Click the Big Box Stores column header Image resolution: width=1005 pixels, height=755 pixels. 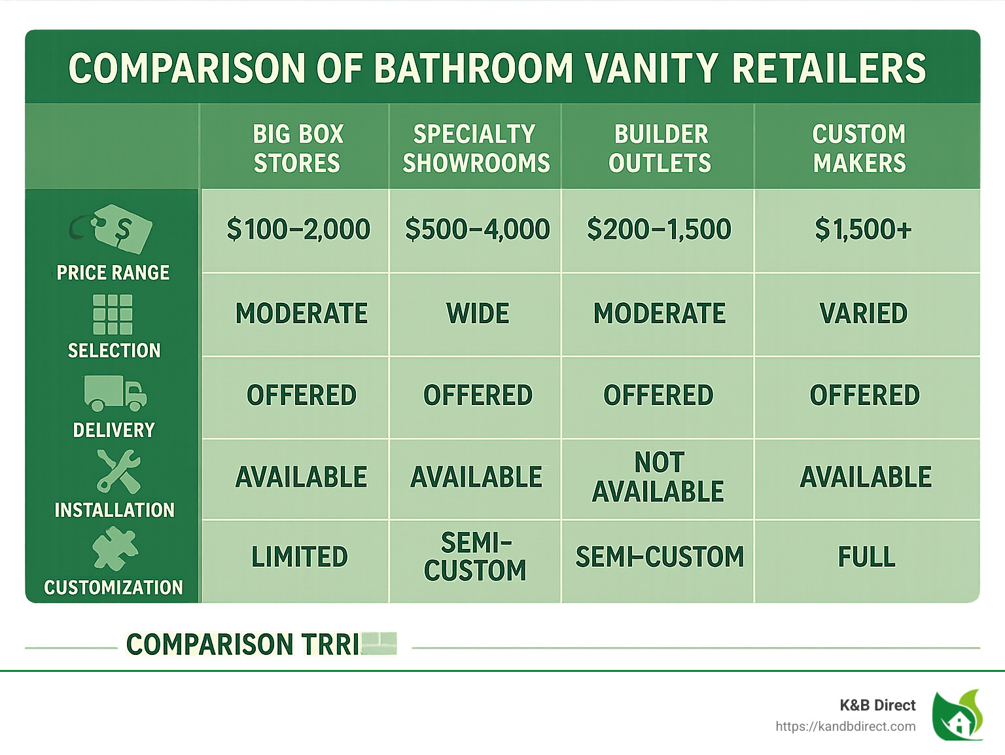click(x=298, y=149)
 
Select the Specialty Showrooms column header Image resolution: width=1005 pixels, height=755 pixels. click(x=476, y=149)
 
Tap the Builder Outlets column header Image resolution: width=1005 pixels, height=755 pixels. click(x=660, y=149)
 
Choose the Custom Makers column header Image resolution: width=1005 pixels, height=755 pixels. click(x=860, y=149)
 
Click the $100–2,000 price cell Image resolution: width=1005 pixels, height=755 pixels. click(x=298, y=230)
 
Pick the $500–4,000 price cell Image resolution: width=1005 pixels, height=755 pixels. click(x=477, y=230)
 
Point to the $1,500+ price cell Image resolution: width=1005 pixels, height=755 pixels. click(x=863, y=230)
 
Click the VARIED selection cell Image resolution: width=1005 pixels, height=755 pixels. click(x=864, y=313)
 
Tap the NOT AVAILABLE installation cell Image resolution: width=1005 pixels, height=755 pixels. click(x=658, y=477)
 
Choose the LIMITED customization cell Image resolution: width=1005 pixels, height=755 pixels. click(x=300, y=557)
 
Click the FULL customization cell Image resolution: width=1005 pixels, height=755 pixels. click(x=866, y=557)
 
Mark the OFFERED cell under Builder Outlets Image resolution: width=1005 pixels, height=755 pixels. click(x=658, y=395)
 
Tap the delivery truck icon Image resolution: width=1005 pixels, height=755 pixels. click(x=115, y=393)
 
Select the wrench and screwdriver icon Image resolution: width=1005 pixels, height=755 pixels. click(x=118, y=471)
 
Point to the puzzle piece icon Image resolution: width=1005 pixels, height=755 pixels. click(x=115, y=548)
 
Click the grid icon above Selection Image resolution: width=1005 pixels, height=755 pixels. click(x=113, y=314)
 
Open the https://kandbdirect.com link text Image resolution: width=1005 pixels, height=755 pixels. click(x=845, y=726)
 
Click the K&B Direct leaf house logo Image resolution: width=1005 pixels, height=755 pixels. click(x=957, y=715)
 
